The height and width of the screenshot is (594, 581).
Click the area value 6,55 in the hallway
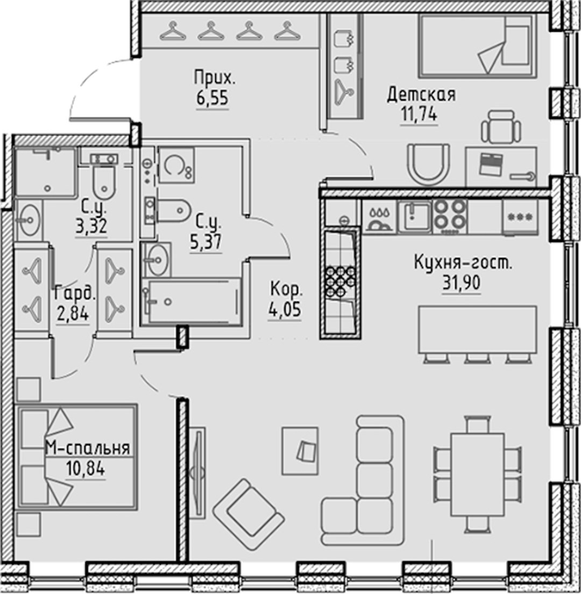pyautogui.click(x=212, y=98)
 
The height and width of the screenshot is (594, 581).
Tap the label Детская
pyautogui.click(x=421, y=94)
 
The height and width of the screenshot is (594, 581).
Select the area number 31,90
pyautogui.click(x=462, y=283)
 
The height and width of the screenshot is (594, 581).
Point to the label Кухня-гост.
pyautogui.click(x=463, y=262)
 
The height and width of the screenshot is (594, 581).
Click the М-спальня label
pyautogui.click(x=88, y=448)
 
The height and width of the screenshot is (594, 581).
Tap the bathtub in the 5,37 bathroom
pyautogui.click(x=191, y=302)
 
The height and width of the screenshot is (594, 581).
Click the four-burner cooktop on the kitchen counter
pyautogui.click(x=450, y=216)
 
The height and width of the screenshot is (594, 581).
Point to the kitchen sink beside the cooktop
pyautogui.click(x=415, y=216)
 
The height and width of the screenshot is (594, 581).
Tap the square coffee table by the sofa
pyautogui.click(x=301, y=451)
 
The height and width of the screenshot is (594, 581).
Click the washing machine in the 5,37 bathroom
pyautogui.click(x=176, y=165)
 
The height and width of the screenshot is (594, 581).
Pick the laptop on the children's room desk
pyautogui.click(x=491, y=164)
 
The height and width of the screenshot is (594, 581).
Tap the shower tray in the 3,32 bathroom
pyautogui.click(x=45, y=172)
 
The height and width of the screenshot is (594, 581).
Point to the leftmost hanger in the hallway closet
pyautogui.click(x=173, y=31)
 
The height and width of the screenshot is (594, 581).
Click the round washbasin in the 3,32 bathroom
pyautogui.click(x=29, y=219)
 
